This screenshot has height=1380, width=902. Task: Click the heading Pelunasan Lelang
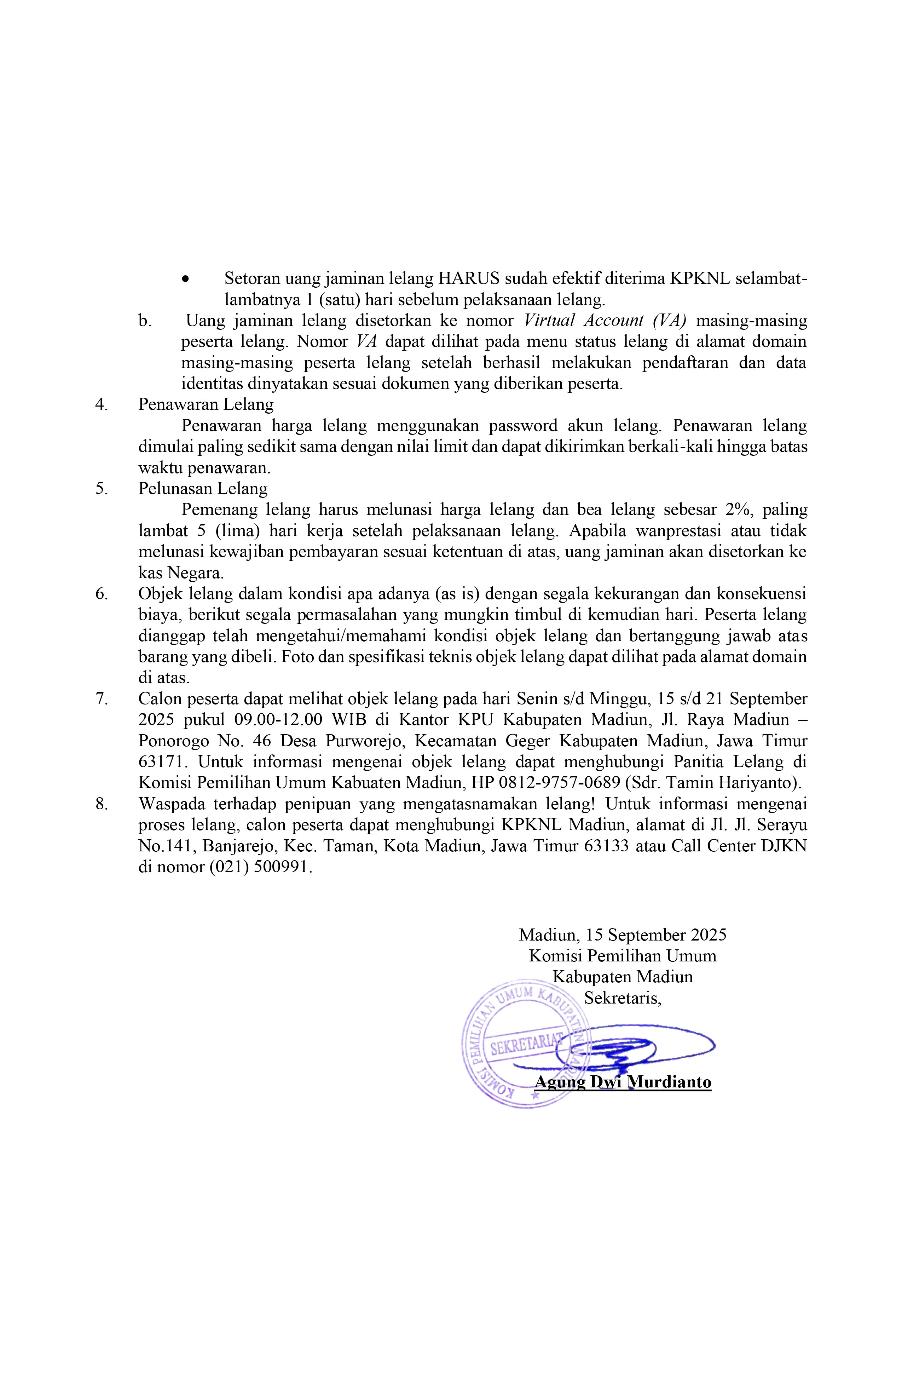[203, 488]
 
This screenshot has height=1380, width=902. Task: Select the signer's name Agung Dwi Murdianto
[622, 1082]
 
